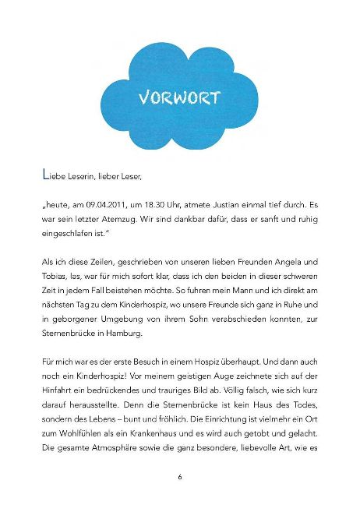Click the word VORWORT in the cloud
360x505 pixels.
[x=178, y=98]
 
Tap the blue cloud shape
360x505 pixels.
[x=178, y=125]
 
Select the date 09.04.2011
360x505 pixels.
[x=113, y=205]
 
